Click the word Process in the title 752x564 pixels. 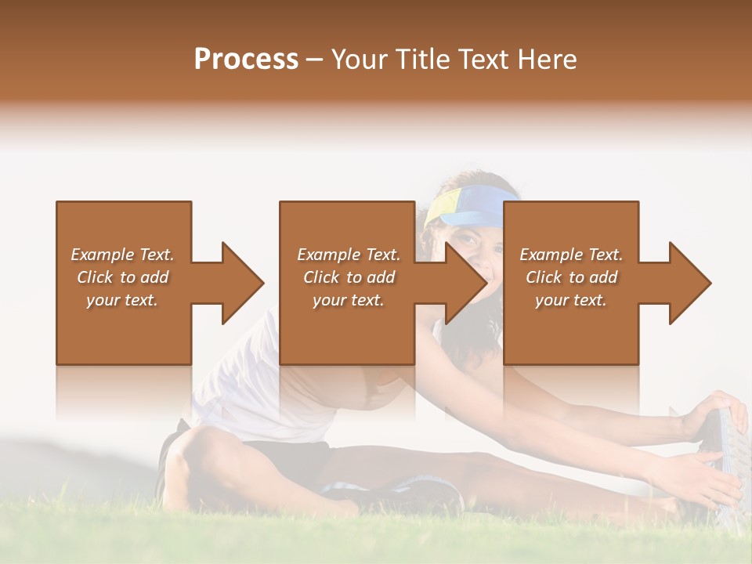point(246,60)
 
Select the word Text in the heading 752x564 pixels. point(483,60)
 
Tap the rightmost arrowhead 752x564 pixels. point(689,283)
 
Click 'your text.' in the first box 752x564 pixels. point(122,300)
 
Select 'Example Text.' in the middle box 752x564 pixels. point(349,255)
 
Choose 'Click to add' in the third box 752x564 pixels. point(571,277)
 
